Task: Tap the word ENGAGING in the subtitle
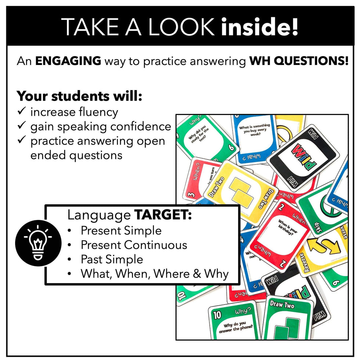pyautogui.click(x=68, y=61)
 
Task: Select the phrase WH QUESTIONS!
pyautogui.click(x=299, y=61)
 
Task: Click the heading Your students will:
pyautogui.click(x=79, y=96)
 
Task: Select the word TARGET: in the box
pyautogui.click(x=163, y=215)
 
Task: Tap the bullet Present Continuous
pyautogui.click(x=134, y=245)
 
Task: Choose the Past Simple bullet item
pyautogui.click(x=112, y=259)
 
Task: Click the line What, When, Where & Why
pyautogui.click(x=154, y=274)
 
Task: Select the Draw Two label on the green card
pyautogui.click(x=282, y=305)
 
